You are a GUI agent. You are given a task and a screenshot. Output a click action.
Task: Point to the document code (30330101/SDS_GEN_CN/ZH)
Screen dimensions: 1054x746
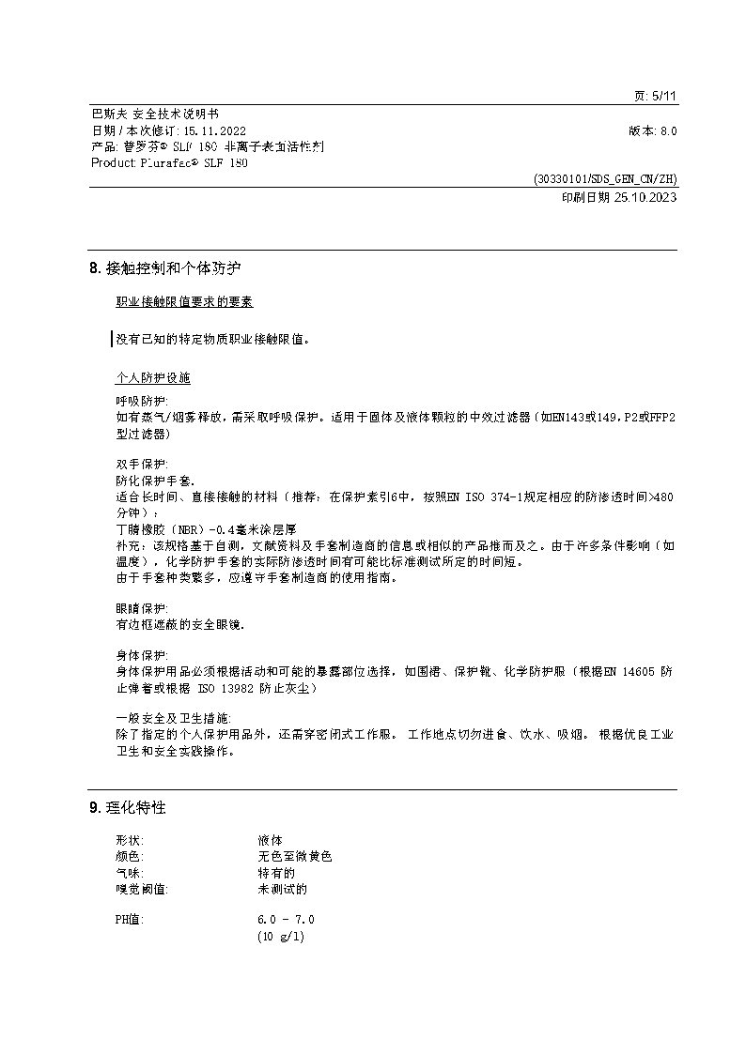(604, 178)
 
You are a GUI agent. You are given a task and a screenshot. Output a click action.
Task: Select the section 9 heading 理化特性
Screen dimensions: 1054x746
(133, 807)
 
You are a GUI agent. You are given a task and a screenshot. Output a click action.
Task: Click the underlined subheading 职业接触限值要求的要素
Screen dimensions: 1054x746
(184, 301)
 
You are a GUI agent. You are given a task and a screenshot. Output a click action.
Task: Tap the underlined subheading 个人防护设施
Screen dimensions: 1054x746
(152, 377)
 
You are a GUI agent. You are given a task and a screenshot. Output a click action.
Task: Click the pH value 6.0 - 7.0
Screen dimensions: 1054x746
(286, 920)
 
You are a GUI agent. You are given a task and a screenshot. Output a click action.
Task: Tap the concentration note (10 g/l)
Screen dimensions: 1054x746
(282, 937)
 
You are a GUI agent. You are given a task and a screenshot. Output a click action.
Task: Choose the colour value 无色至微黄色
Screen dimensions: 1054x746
(295, 856)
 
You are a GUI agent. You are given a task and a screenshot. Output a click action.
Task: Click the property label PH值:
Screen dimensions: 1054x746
(130, 920)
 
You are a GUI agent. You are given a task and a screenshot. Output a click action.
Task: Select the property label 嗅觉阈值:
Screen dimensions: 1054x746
(141, 888)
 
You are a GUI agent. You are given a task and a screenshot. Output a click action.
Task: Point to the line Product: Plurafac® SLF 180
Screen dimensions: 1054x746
(170, 162)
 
